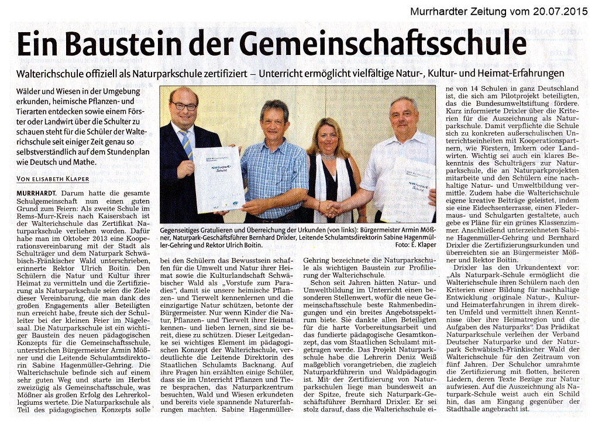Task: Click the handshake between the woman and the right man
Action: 332,208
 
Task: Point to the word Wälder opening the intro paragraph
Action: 32,92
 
